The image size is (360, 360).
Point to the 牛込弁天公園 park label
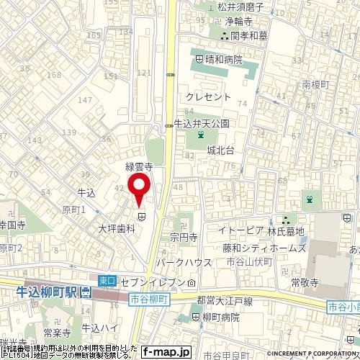[x=201, y=123]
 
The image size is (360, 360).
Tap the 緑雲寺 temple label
[x=138, y=166]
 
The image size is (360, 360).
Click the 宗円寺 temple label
[x=184, y=237]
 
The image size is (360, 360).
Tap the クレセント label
[x=208, y=96]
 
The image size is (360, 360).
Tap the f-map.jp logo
[x=166, y=352]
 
